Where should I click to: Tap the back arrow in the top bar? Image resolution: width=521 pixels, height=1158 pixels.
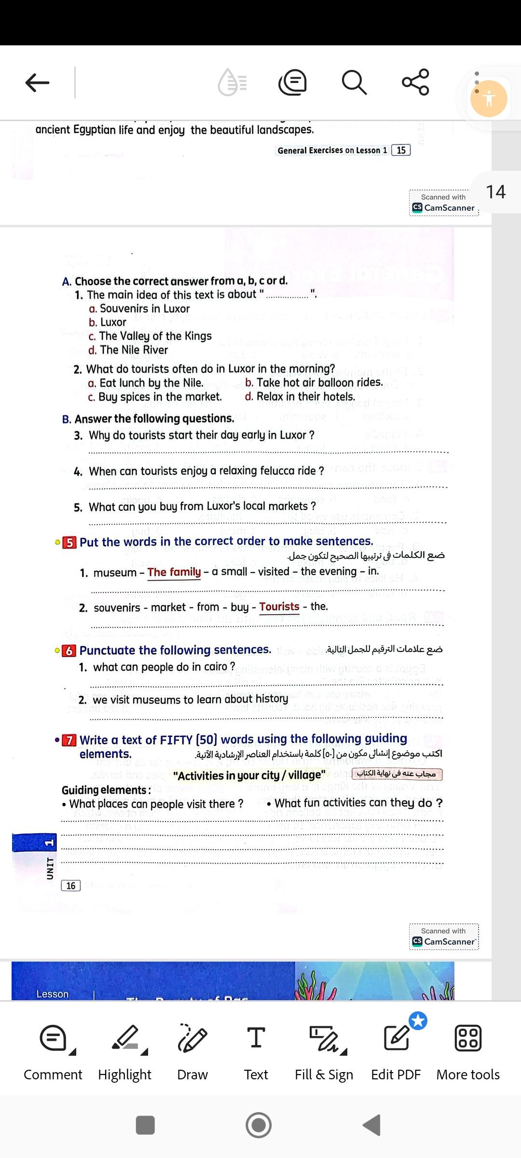click(x=37, y=83)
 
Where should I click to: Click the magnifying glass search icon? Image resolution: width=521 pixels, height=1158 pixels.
click(x=354, y=82)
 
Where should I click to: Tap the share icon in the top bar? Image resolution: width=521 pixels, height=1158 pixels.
click(x=415, y=82)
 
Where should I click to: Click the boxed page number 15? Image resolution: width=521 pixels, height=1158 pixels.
click(x=401, y=150)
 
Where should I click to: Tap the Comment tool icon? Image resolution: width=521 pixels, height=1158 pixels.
click(x=54, y=1038)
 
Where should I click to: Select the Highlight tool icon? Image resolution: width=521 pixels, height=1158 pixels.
click(x=125, y=1038)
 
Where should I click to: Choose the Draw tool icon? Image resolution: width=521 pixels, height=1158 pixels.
click(x=192, y=1038)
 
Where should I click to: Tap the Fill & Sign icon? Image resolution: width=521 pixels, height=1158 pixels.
click(x=324, y=1038)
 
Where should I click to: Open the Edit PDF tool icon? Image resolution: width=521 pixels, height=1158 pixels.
click(x=396, y=1038)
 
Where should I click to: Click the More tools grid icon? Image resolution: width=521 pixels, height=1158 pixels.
click(x=468, y=1038)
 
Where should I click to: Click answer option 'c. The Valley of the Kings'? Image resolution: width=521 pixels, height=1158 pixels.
click(x=150, y=336)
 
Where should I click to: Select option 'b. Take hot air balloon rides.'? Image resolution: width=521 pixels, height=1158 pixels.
click(x=314, y=383)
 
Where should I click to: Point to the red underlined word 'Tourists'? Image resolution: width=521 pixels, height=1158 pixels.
click(x=279, y=607)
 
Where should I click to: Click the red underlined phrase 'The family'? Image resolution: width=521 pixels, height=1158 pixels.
click(x=174, y=572)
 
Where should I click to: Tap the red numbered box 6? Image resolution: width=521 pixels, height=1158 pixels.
click(x=69, y=650)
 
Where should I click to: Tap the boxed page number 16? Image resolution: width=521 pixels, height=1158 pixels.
click(x=70, y=885)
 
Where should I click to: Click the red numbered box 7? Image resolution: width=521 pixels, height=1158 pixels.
click(x=69, y=740)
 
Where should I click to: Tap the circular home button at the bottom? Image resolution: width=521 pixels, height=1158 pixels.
click(x=259, y=1125)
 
